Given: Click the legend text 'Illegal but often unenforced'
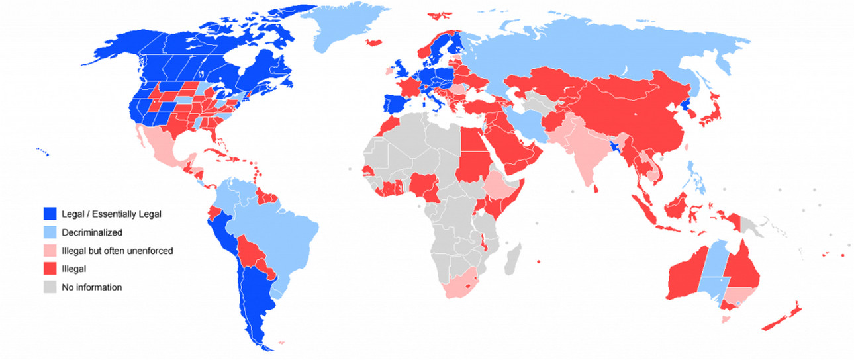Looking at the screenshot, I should tap(117, 251).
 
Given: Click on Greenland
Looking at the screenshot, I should tap(344, 30).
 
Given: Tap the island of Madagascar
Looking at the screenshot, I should tap(512, 257).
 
